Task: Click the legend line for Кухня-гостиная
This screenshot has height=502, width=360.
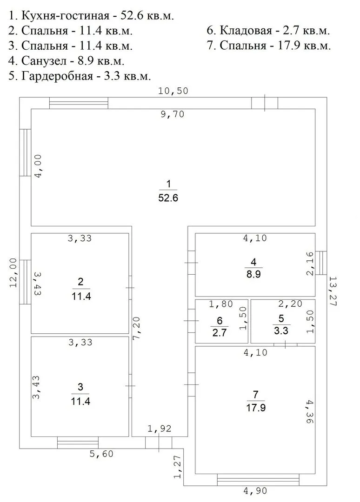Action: pos(91,15)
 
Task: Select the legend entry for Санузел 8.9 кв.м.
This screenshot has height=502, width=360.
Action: pos(67,60)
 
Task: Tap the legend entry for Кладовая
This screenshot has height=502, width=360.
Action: pos(268,30)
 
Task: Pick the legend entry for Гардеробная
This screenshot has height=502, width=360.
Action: pos(80,76)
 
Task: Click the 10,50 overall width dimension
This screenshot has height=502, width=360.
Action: pos(173,91)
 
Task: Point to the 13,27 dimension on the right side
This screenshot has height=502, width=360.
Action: pos(333,291)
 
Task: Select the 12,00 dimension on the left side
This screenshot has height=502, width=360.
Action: pos(13,273)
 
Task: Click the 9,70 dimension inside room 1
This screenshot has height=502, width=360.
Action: pos(173,114)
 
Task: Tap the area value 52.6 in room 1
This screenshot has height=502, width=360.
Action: pos(168,198)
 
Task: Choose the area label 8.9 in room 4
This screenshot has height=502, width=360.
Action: pos(253,274)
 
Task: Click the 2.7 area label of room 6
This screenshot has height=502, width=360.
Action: pos(220,332)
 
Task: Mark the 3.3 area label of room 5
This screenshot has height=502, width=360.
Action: pos(281,330)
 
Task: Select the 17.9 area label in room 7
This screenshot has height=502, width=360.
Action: pos(256,408)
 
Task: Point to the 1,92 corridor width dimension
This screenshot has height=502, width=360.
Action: pos(160,429)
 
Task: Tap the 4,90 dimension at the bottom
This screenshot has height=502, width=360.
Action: pos(255,490)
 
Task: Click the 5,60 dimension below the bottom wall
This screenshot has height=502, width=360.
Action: pos(101,454)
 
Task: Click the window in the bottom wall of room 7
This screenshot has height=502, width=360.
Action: pos(258,480)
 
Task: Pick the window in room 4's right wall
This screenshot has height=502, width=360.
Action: pos(321,263)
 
